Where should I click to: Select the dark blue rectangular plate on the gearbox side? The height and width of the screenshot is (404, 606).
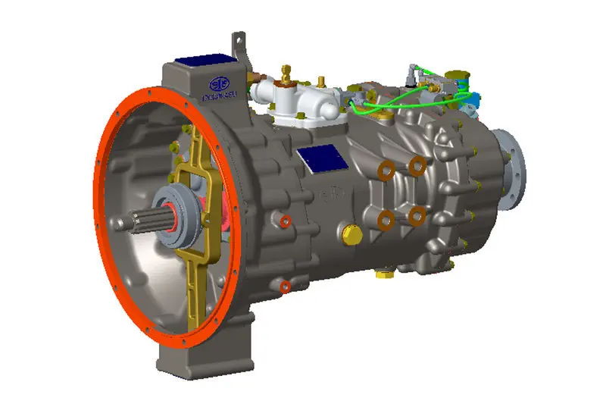(322, 158)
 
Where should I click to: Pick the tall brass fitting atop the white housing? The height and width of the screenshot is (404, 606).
(286, 74)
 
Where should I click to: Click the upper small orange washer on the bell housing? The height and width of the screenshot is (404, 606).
(286, 221)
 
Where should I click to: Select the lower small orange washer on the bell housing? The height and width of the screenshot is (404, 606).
(285, 287)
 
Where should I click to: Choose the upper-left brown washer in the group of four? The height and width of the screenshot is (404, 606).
(385, 171)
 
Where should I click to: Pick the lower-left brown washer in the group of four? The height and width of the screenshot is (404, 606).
(386, 220)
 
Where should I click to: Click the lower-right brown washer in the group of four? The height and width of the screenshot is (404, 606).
(416, 216)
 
